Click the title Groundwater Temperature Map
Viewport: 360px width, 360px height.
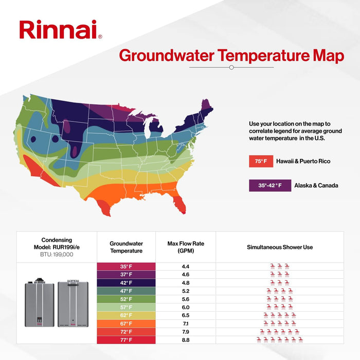[x=231, y=56]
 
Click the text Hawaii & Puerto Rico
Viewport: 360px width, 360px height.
[x=303, y=161]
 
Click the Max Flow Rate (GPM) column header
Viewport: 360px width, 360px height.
[x=186, y=247]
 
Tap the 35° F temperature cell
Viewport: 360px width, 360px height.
[x=126, y=267]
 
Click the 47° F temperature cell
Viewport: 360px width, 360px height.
[x=126, y=291]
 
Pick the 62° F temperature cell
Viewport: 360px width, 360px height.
[x=126, y=315]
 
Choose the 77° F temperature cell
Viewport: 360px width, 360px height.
[x=126, y=339]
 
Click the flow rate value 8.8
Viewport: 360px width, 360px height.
[x=186, y=339]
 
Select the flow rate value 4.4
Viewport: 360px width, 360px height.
[x=186, y=267]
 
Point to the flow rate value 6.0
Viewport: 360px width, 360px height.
[x=186, y=307]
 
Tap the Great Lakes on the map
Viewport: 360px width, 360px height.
[x=154, y=129]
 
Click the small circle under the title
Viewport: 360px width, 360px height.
[x=231, y=67]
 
